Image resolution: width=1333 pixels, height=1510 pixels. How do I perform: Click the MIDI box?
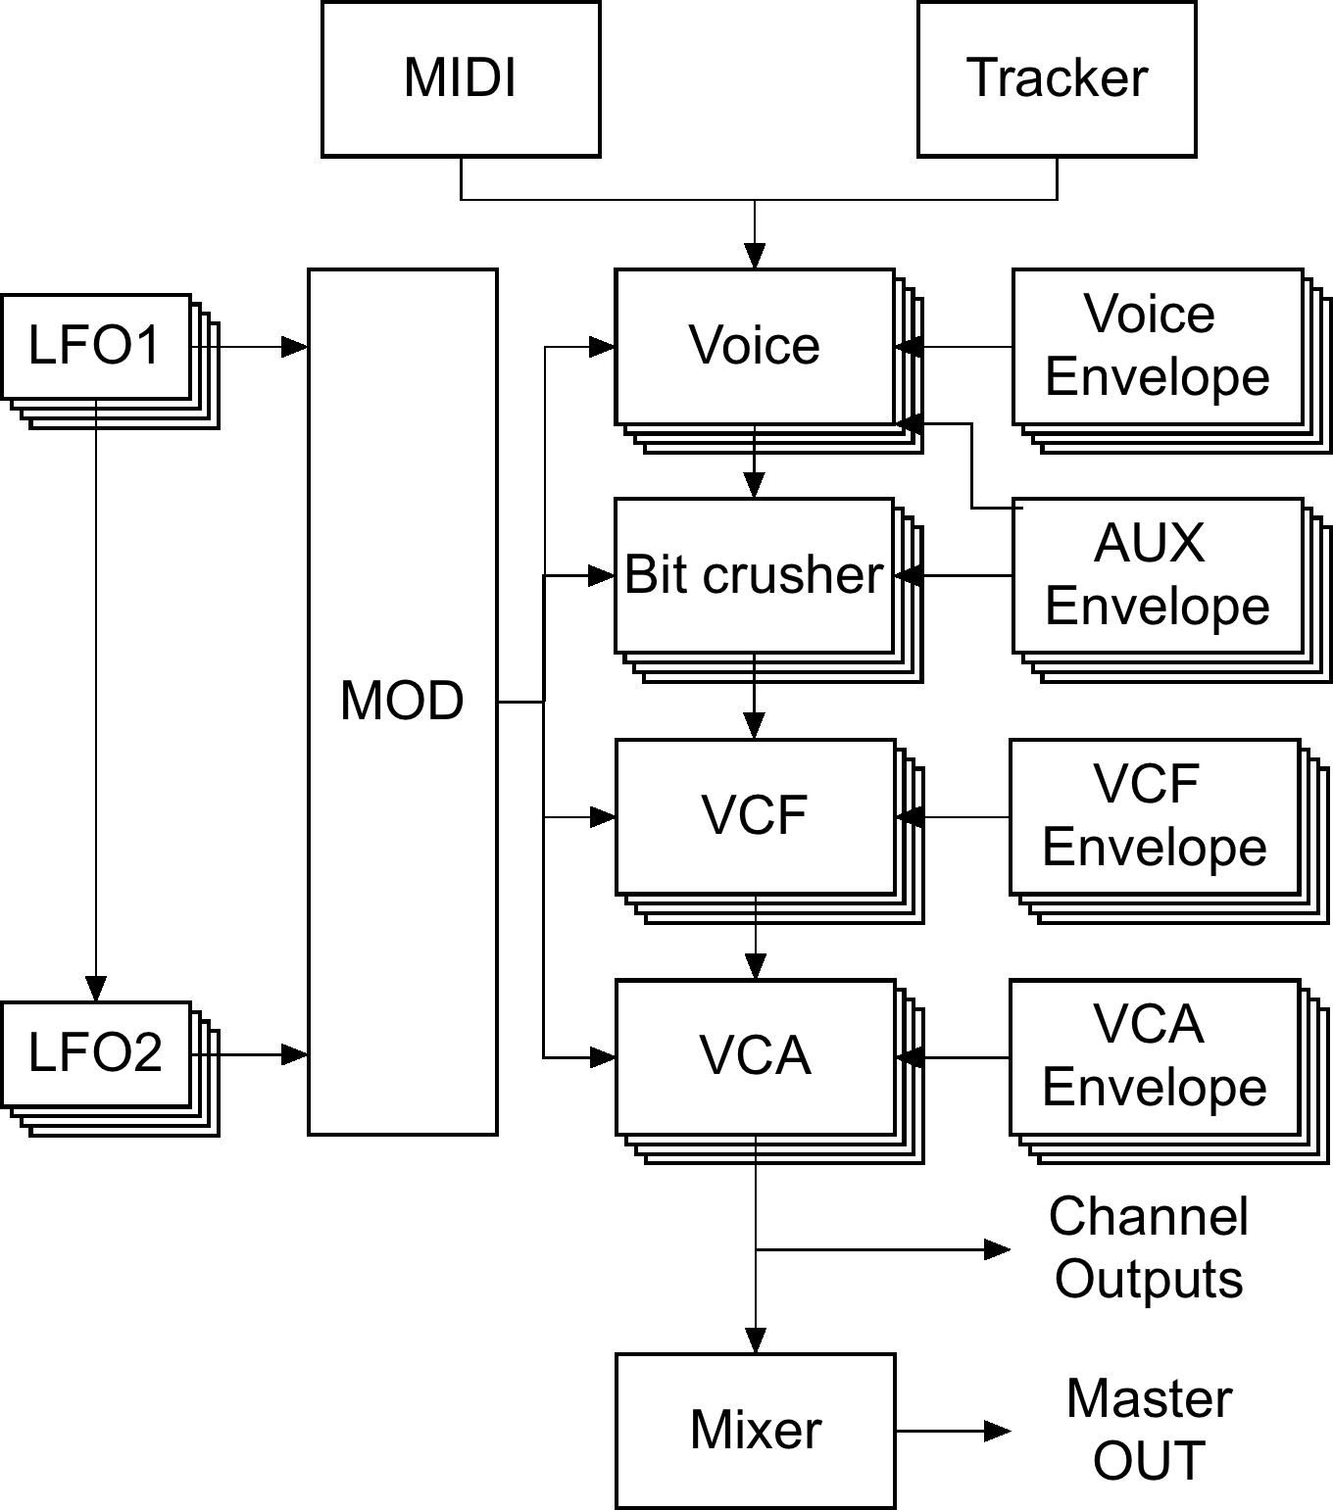click(461, 79)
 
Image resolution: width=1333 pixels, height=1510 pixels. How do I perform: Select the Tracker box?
click(1057, 79)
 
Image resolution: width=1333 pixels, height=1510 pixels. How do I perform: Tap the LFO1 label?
click(95, 345)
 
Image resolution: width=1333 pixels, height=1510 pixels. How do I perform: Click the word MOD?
click(402, 701)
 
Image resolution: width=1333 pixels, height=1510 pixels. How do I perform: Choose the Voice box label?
click(754, 345)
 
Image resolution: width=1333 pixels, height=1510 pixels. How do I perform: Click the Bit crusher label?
click(754, 574)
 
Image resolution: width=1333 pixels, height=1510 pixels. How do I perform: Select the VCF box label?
click(755, 815)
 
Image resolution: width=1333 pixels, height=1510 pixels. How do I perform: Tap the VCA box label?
click(755, 1055)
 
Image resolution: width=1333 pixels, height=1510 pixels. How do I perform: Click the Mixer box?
click(756, 1431)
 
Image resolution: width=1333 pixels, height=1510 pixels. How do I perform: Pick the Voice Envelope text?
click(1157, 345)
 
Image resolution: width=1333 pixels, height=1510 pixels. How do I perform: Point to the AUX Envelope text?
click(1157, 574)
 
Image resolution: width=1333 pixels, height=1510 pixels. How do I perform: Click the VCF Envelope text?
click(1154, 814)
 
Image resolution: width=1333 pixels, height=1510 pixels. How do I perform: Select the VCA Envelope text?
click(1154, 1055)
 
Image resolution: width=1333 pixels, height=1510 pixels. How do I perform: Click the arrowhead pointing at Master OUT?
click(998, 1431)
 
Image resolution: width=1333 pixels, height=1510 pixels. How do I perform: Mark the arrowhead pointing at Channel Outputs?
click(998, 1249)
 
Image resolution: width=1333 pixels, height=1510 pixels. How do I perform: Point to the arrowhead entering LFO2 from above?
click(95, 989)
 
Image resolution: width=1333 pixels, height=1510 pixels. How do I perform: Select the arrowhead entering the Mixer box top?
click(756, 1340)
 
